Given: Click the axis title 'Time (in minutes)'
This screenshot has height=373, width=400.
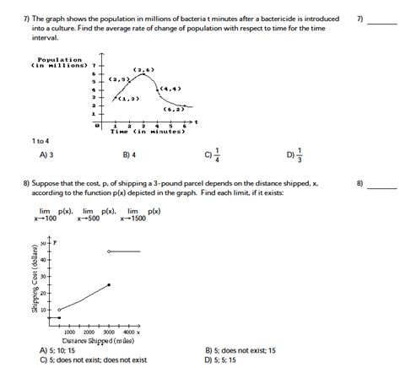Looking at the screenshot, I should coord(147,132).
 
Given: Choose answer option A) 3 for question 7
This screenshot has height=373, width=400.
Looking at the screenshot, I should coord(46,155).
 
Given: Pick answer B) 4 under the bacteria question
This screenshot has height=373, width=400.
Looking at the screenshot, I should coord(129,155).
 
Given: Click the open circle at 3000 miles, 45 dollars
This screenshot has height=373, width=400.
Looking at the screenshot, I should coord(109,251).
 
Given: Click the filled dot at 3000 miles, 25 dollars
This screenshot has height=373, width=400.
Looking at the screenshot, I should coord(109,285).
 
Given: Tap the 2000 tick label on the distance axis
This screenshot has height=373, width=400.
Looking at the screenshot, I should coord(89,332).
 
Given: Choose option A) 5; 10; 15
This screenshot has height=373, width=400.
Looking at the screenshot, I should coord(57,349).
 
